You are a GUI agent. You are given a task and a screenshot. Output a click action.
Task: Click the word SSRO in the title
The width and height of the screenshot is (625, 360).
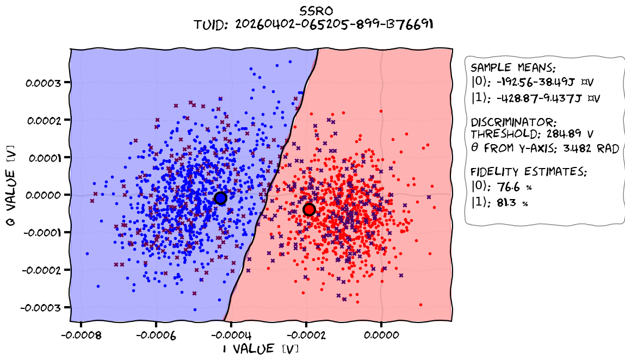[316, 10]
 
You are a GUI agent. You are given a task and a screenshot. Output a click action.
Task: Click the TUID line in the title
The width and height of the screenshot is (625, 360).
[316, 24]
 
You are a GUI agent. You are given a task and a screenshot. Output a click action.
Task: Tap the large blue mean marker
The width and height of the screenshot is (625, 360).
[220, 198]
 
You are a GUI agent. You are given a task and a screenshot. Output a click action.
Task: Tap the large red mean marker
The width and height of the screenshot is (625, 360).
[310, 209]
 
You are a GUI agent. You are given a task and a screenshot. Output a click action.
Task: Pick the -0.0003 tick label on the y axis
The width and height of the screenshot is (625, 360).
[44, 307]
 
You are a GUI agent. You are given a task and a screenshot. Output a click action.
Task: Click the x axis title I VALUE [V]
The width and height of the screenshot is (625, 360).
[261, 349]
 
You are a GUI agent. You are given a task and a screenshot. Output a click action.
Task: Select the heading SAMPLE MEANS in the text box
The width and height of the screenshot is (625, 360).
[513, 68]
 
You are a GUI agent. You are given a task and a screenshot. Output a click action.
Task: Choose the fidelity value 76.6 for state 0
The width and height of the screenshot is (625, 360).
[513, 187]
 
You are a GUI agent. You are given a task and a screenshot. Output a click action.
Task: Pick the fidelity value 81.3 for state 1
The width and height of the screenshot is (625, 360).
[513, 203]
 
